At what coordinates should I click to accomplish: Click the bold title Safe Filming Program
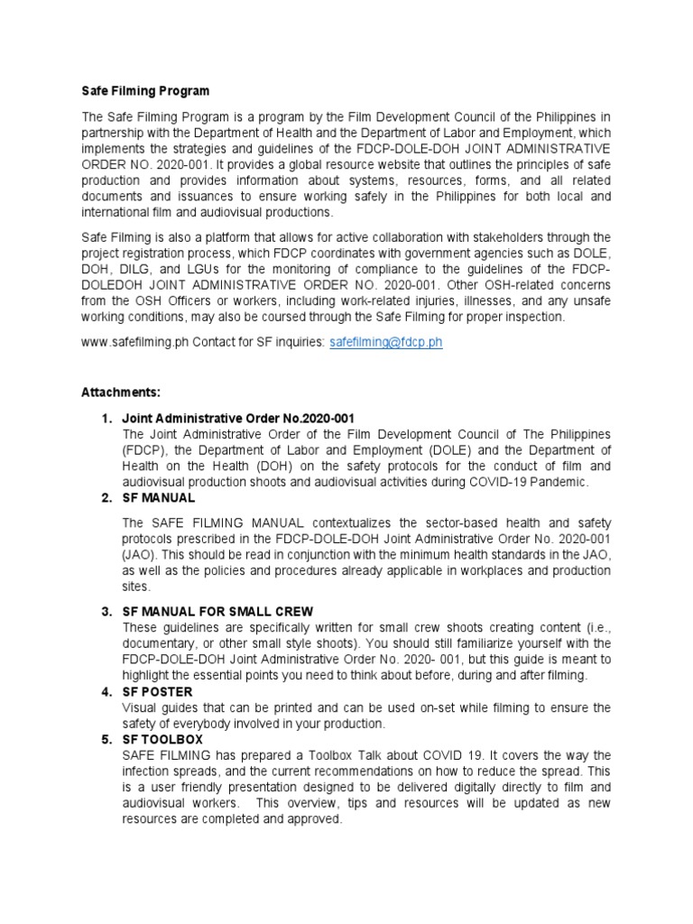pyautogui.click(x=145, y=91)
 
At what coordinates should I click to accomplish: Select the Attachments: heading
pyautogui.click(x=121, y=393)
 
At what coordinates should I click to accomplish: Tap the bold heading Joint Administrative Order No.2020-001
pyautogui.click(x=238, y=419)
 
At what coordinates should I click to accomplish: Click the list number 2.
pyautogui.click(x=105, y=498)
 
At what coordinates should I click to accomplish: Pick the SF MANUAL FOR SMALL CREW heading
pyautogui.click(x=217, y=611)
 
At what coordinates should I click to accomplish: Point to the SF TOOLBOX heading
pyautogui.click(x=162, y=739)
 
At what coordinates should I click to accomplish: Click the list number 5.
pyautogui.click(x=105, y=739)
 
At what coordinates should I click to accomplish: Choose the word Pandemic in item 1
pyautogui.click(x=558, y=483)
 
